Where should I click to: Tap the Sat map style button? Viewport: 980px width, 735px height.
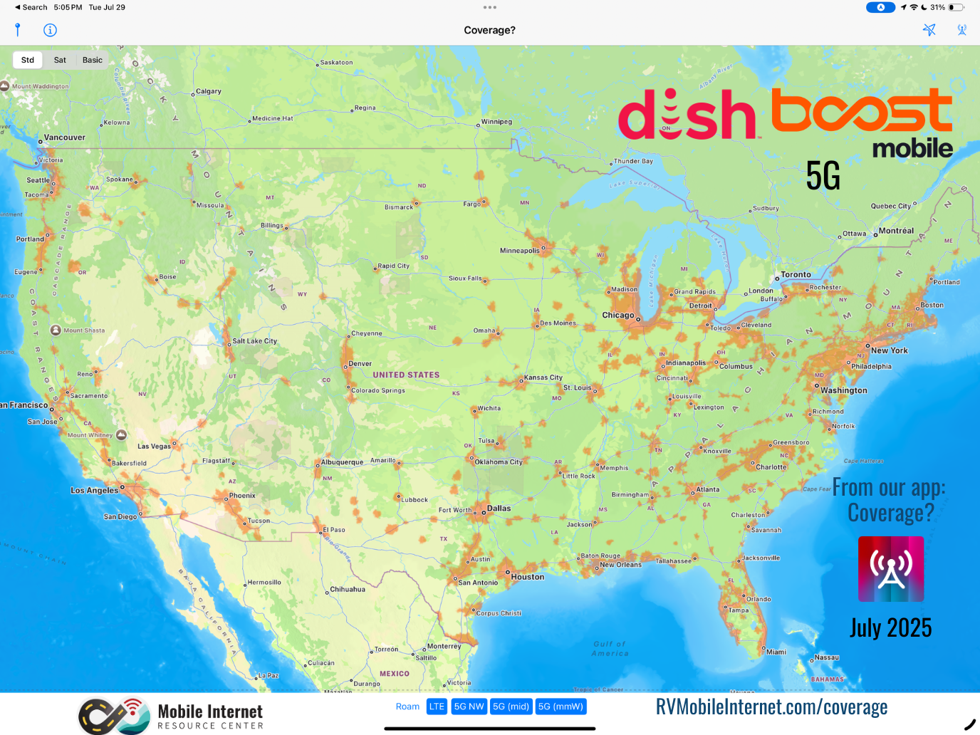coord(60,60)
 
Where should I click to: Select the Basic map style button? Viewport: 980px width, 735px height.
coord(93,60)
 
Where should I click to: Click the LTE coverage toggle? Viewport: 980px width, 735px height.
coord(437,707)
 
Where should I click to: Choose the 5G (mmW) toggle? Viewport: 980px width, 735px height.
coord(561,707)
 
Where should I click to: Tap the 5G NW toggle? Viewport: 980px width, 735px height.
coord(469,707)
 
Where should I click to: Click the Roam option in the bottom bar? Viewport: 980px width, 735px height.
coord(407,707)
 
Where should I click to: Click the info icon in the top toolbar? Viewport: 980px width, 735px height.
coord(50,30)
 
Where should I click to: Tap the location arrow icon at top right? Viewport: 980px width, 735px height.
coord(929,30)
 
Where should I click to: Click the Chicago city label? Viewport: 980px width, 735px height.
coord(617,315)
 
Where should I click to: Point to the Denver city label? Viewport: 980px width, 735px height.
coord(360,363)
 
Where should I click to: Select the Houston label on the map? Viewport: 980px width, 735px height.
coord(527,577)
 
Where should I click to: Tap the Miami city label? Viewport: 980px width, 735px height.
coord(776,652)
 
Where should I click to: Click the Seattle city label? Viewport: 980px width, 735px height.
coord(38,180)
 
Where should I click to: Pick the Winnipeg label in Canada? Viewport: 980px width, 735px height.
coord(496,121)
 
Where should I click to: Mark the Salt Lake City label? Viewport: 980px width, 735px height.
coord(254,341)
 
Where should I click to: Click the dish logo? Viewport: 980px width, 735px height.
coord(687,115)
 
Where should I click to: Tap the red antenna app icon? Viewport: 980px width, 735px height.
coord(890,569)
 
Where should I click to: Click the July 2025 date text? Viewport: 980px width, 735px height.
coord(890,628)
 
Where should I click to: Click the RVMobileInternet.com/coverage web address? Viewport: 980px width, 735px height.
coord(771,707)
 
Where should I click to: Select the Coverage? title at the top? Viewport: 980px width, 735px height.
coord(489,30)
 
